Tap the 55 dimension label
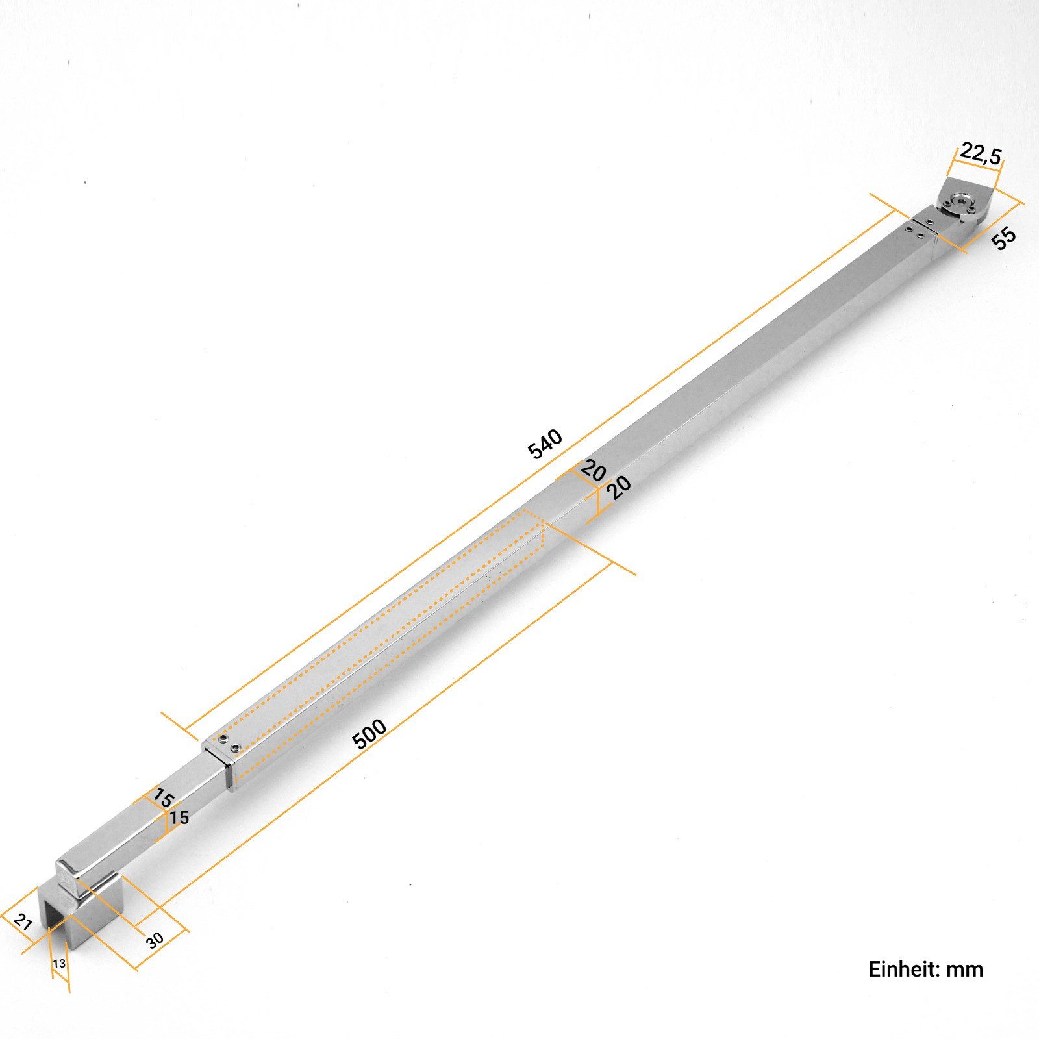1003,238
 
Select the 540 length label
545,444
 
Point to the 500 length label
369,734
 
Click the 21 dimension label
23,921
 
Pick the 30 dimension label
154,940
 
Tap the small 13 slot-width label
59,964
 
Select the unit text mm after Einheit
965,970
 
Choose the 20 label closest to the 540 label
592,469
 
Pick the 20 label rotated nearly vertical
620,486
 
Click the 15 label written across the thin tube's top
162,797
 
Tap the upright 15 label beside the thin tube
179,818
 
